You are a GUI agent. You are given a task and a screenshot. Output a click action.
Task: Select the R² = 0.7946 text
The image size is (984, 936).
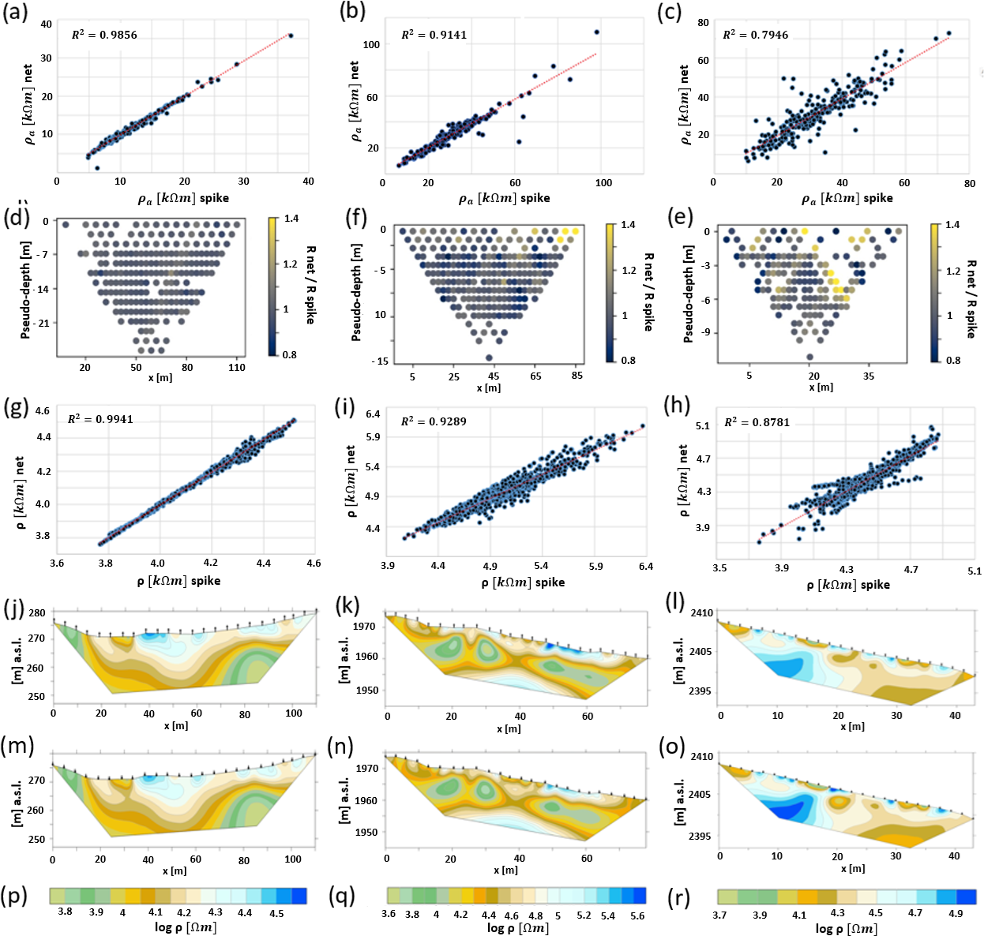point(756,34)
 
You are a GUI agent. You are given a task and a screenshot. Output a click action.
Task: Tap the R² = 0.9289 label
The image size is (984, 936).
point(434,421)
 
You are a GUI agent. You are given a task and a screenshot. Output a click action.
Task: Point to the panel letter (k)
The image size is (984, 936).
point(347,606)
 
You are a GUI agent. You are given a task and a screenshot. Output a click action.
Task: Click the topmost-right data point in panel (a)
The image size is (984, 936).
point(291,36)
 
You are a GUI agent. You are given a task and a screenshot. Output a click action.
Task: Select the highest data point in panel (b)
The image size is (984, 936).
point(597,32)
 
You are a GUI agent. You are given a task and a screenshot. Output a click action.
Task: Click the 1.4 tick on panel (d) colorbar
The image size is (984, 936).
point(291,219)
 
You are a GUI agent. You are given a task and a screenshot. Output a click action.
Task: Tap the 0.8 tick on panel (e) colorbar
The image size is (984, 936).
point(953,361)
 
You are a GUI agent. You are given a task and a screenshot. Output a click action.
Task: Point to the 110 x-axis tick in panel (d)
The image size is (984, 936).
point(237,368)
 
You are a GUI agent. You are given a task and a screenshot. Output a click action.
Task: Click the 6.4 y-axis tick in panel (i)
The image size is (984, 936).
point(373,414)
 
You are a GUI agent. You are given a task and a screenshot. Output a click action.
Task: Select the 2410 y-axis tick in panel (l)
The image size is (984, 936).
point(701,613)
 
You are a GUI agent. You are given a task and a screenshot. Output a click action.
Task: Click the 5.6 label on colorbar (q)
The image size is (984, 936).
point(637,915)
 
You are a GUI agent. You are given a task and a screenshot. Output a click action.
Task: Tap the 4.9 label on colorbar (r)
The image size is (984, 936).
point(956,913)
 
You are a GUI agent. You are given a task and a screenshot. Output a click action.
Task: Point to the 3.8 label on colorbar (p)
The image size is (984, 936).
point(65,912)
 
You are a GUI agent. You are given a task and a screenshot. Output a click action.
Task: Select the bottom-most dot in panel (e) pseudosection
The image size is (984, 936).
point(810,357)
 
